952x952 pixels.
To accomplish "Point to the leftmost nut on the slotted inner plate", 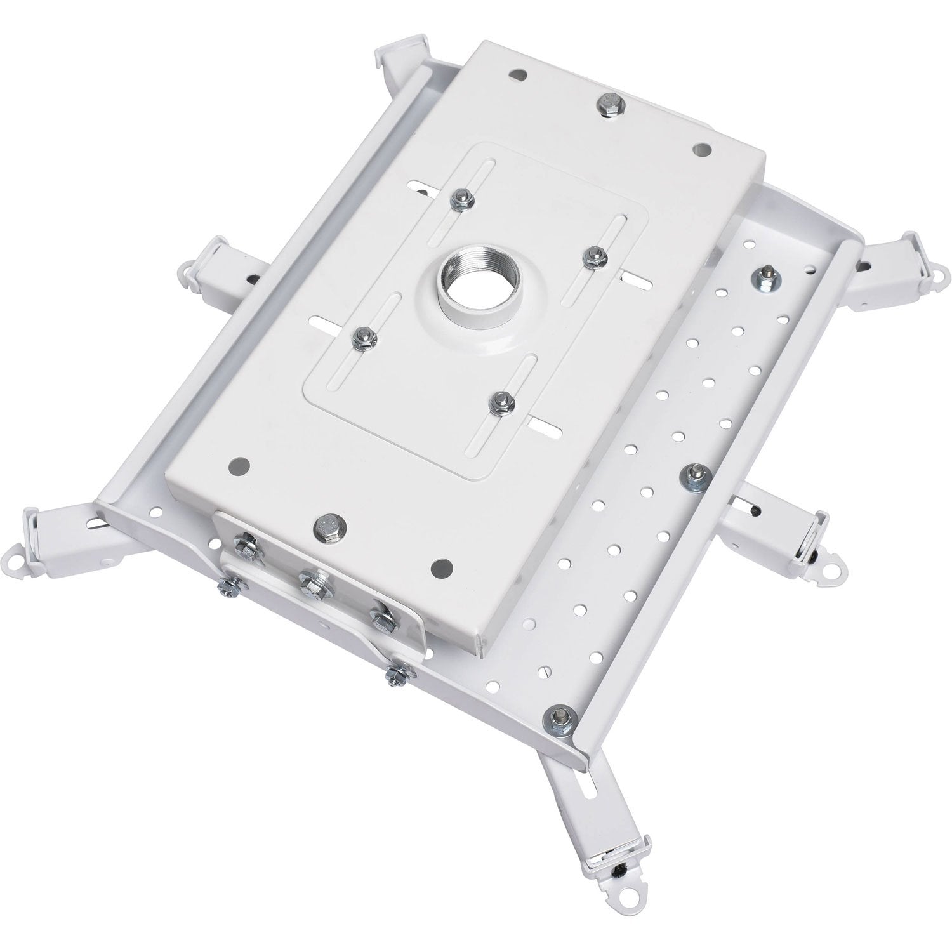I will (x=363, y=336).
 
